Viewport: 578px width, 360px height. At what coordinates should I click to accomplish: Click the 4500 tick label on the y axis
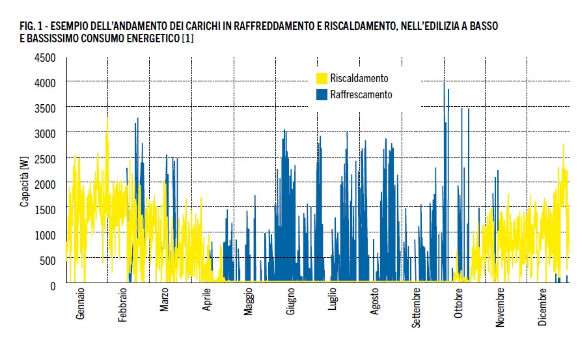pyautogui.click(x=46, y=57)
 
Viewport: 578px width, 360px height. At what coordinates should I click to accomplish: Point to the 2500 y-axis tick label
pyautogui.click(x=46, y=159)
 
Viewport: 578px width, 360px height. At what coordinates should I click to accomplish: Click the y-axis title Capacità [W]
pyautogui.click(x=24, y=186)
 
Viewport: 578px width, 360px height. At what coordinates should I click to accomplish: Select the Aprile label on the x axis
pyautogui.click(x=207, y=304)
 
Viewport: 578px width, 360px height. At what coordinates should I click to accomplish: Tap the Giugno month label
pyautogui.click(x=291, y=304)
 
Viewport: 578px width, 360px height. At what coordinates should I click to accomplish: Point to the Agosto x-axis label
pyautogui.click(x=374, y=304)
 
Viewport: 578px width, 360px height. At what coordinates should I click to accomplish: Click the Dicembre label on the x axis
pyautogui.click(x=543, y=307)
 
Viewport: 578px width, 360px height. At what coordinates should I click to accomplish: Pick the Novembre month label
pyautogui.click(x=501, y=308)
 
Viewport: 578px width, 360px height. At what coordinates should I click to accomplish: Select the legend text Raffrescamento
pyautogui.click(x=361, y=95)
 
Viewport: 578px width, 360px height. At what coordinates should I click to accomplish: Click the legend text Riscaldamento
pyautogui.click(x=359, y=78)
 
